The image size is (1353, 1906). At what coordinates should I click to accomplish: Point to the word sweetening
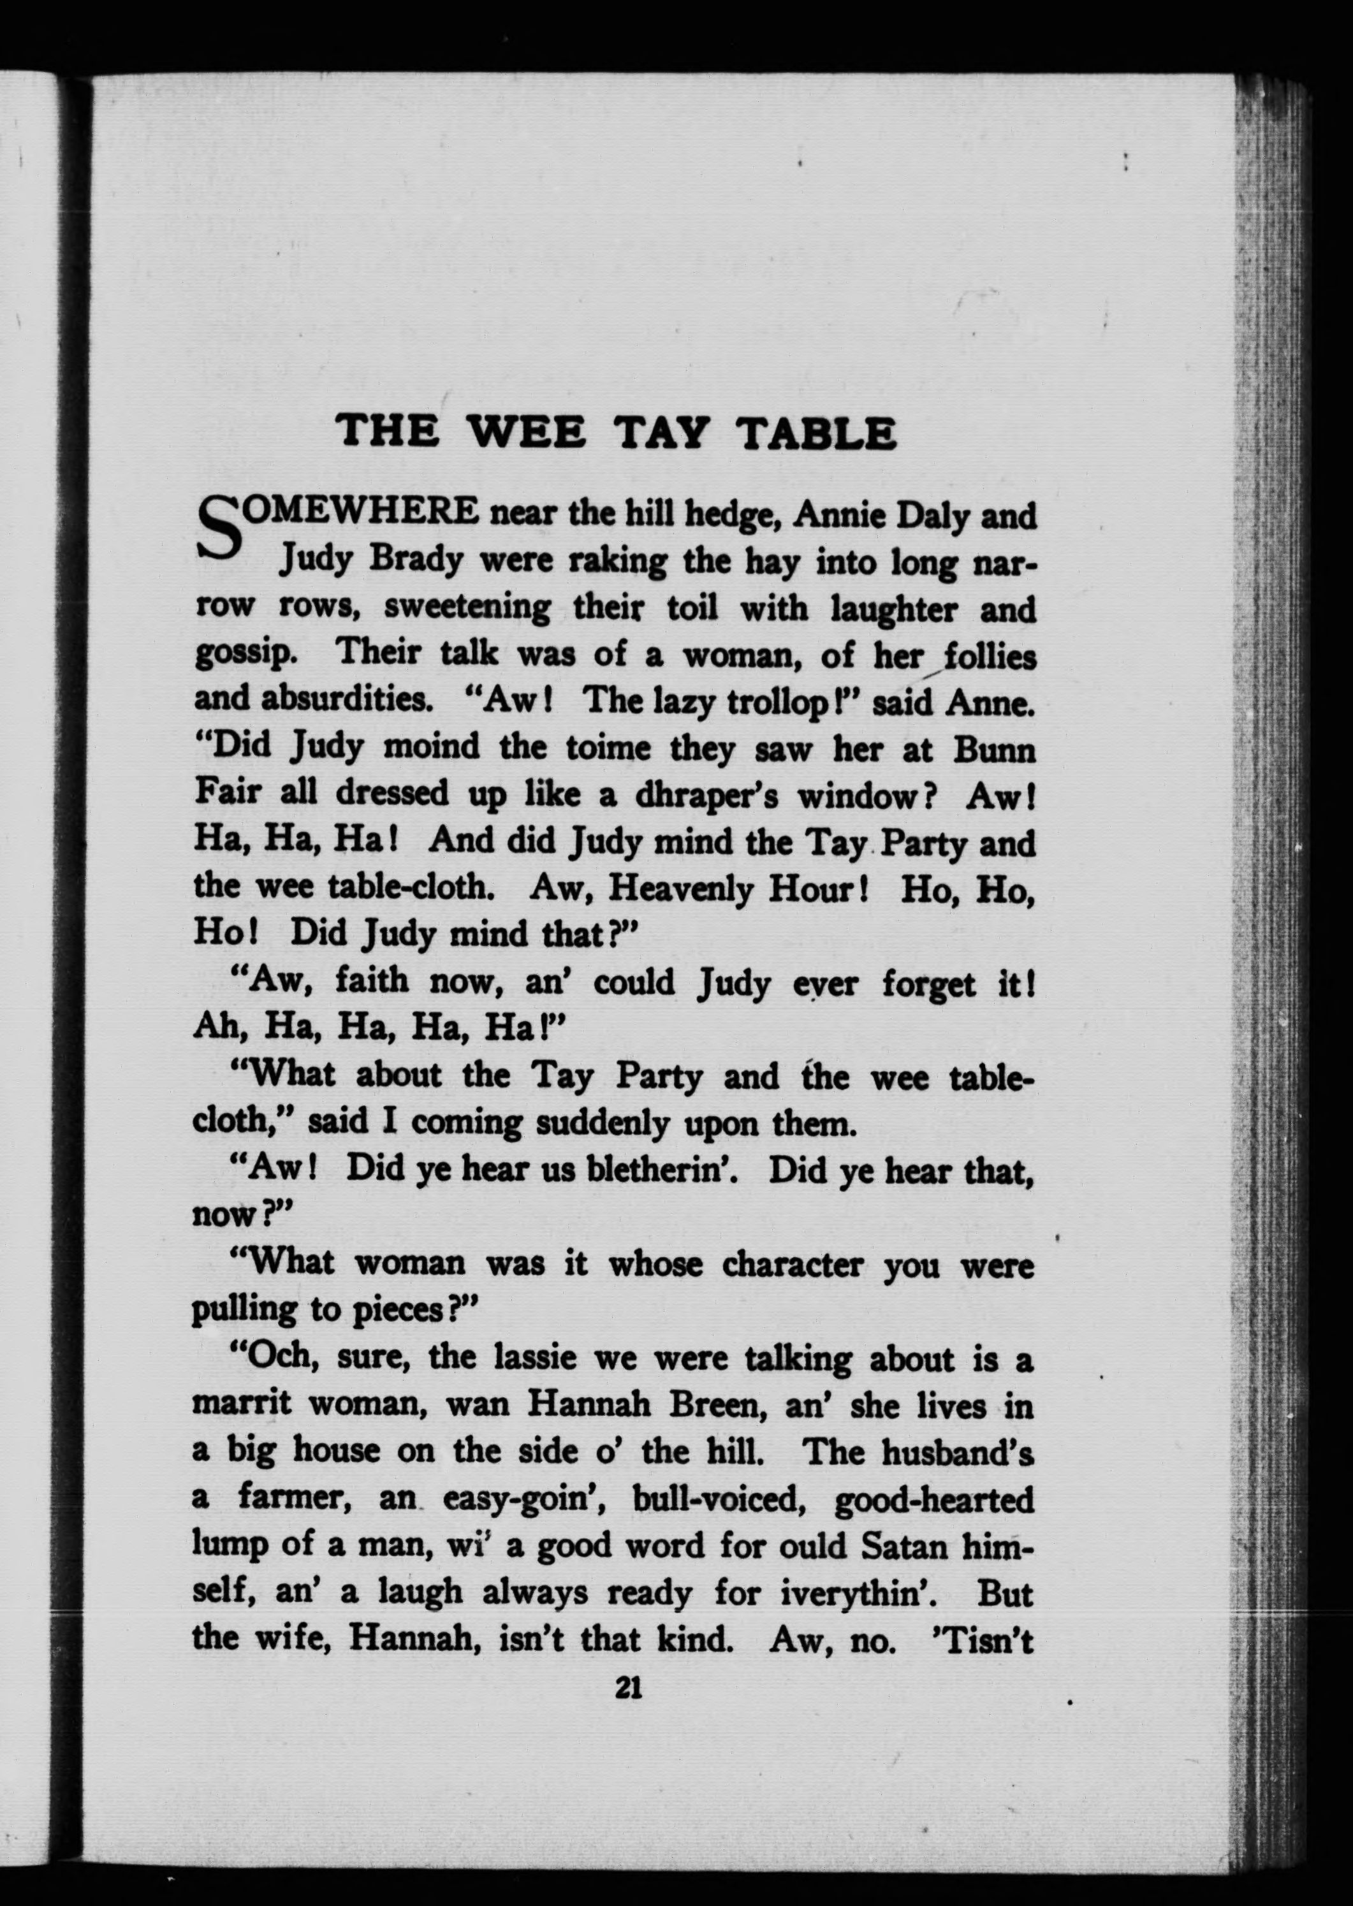[467, 608]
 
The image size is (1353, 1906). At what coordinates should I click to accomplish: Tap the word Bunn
[994, 750]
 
